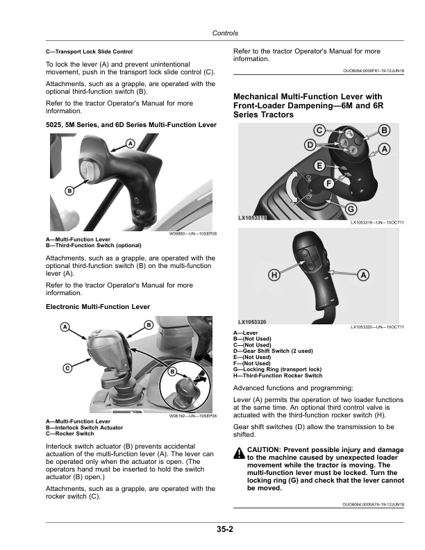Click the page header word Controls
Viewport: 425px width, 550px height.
pos(224,33)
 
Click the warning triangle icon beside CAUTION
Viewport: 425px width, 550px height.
pos(239,453)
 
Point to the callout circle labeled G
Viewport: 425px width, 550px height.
pos(351,209)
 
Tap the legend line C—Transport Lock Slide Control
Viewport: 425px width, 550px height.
pos(89,51)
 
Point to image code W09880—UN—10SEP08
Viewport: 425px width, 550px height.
pos(193,234)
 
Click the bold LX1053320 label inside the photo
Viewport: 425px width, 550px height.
pos(251,322)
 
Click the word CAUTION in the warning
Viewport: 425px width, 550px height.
pos(266,450)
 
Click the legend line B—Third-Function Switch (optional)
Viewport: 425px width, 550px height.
pos(94,245)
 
